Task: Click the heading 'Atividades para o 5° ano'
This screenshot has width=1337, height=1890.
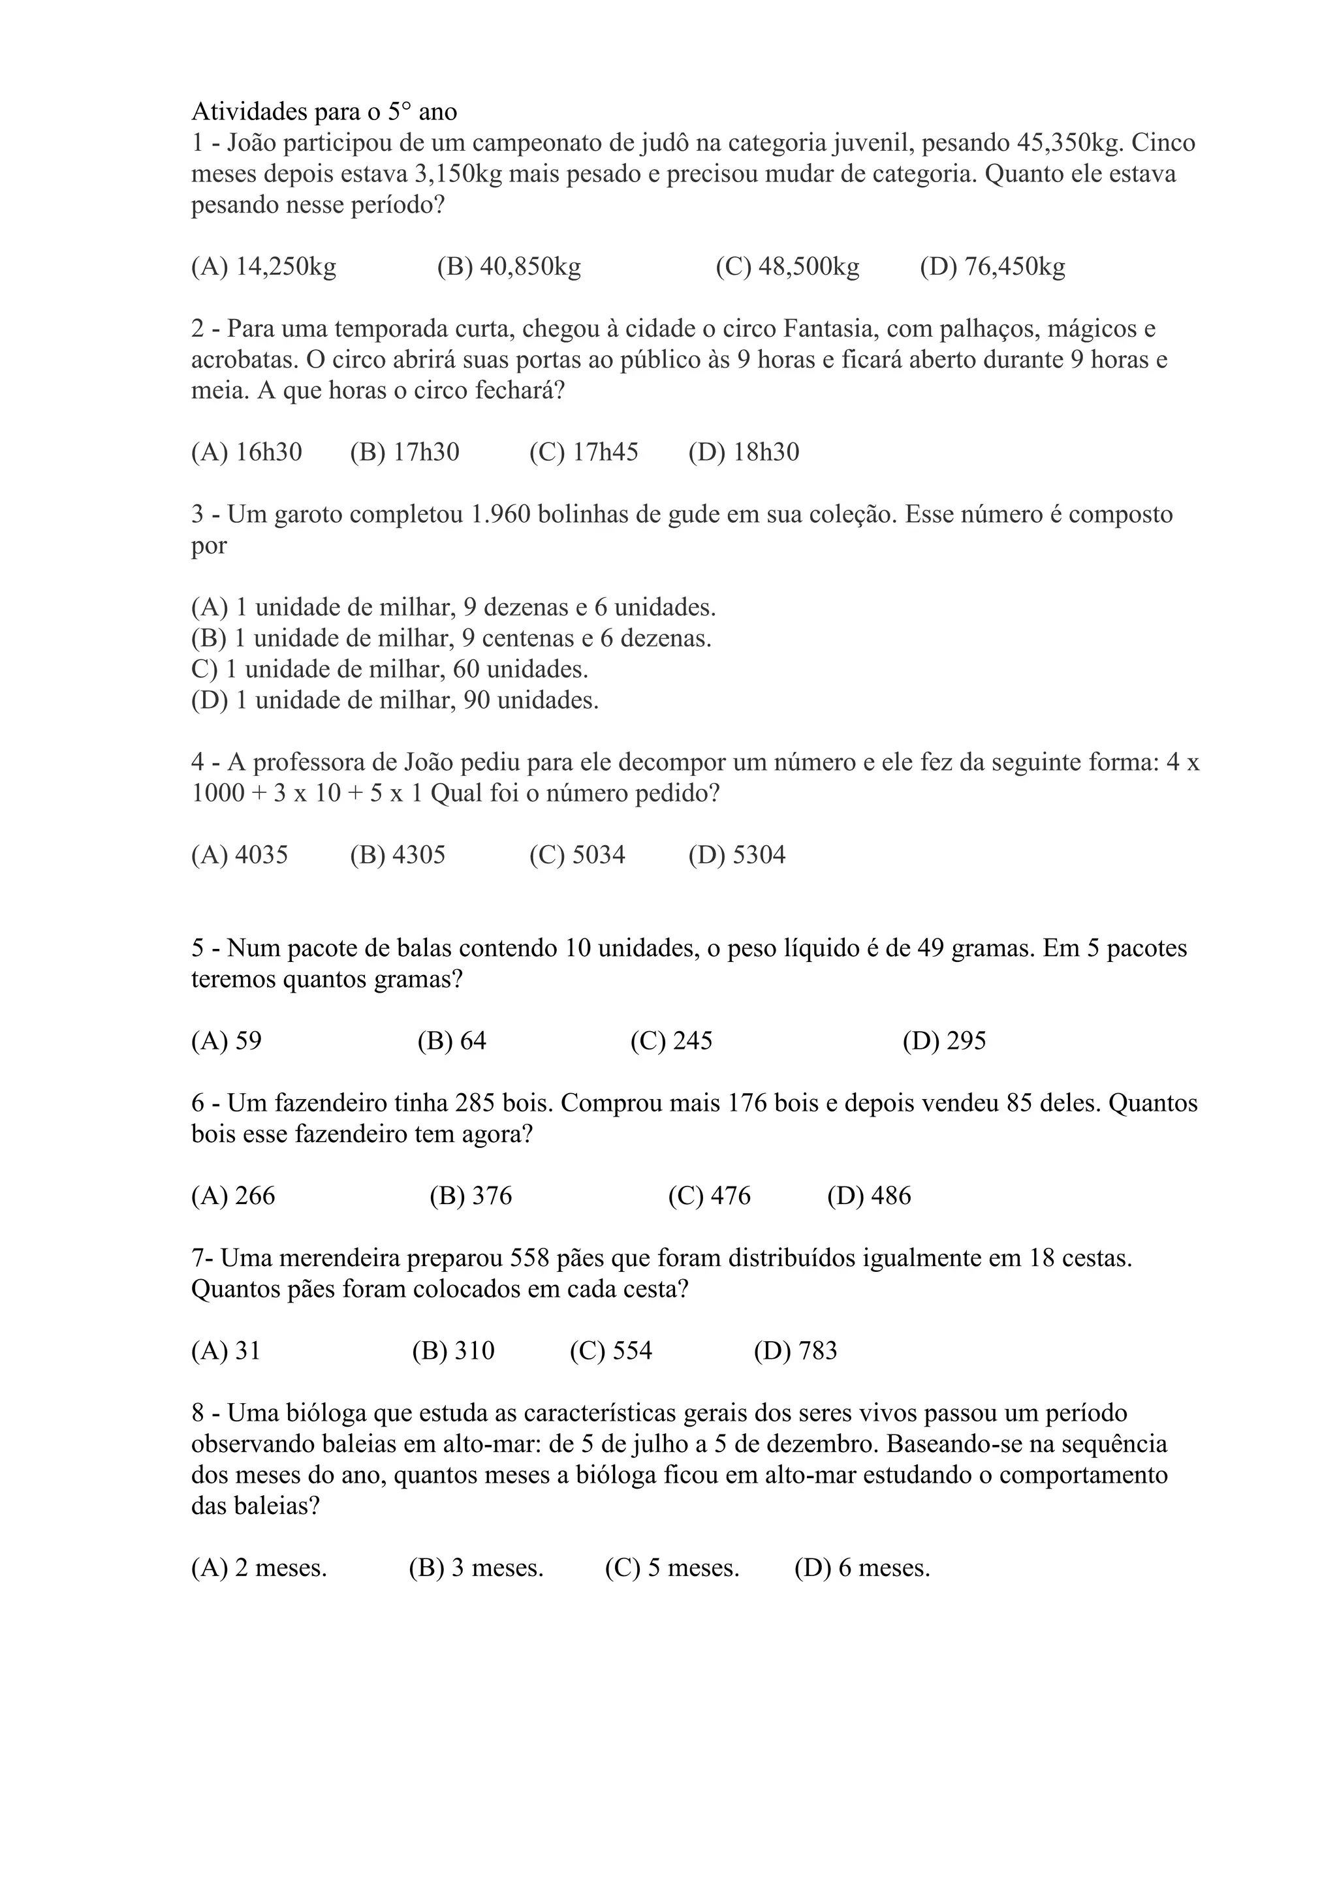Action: pos(324,111)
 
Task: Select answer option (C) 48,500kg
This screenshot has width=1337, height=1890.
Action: pos(787,267)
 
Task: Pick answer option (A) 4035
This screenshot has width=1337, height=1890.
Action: pos(240,856)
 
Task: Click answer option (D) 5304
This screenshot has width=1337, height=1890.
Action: pos(737,856)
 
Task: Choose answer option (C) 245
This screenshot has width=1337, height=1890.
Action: pos(671,1042)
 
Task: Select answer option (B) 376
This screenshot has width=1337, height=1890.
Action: pos(470,1196)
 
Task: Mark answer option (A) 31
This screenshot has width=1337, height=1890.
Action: pos(226,1351)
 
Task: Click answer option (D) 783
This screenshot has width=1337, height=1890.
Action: pos(794,1351)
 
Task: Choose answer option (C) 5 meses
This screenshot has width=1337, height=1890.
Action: pos(672,1568)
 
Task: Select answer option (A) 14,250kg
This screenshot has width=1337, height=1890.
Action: pos(264,267)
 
